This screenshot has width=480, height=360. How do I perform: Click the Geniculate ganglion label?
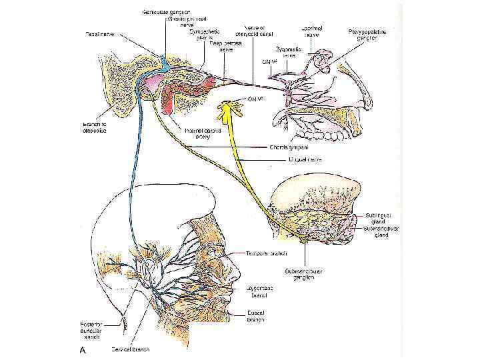165,12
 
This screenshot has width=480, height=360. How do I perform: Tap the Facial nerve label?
99,33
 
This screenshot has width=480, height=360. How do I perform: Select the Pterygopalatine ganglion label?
367,35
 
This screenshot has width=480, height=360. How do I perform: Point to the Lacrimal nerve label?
312,31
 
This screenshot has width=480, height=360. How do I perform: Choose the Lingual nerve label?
293,160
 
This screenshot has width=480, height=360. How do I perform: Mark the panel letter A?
82,349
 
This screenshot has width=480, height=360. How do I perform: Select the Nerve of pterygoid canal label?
255,31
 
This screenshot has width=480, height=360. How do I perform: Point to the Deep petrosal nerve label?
225,46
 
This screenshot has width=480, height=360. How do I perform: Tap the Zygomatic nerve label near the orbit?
289,52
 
